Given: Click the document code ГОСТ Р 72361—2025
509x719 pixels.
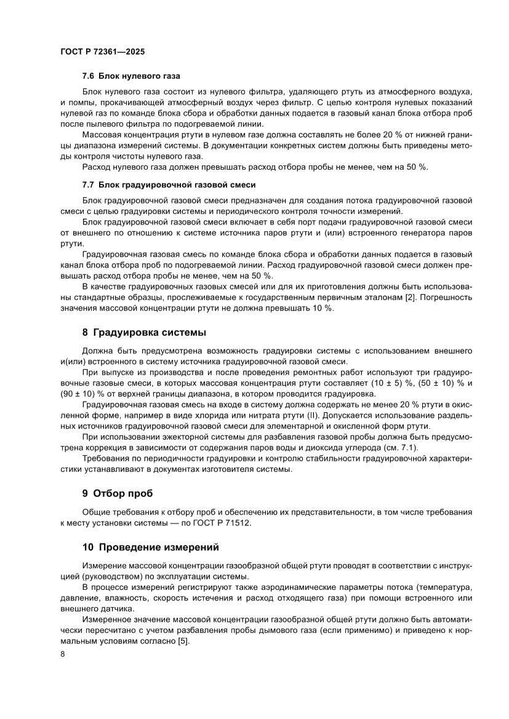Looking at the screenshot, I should (102, 52).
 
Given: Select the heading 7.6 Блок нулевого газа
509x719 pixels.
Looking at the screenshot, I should (131, 77).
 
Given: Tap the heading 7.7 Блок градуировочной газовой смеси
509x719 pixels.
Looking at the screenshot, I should (169, 185).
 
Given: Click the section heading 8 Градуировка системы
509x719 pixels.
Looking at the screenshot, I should (144, 333).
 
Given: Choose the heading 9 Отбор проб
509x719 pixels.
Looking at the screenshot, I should (117, 493).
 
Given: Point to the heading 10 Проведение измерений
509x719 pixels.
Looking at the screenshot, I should (151, 547).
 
